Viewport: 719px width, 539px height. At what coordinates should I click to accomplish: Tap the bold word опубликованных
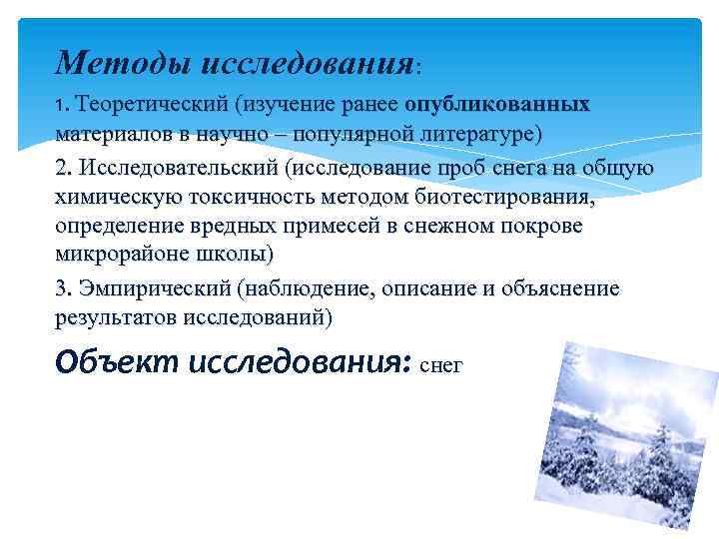(x=496, y=105)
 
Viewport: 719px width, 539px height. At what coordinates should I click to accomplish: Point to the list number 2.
(x=63, y=169)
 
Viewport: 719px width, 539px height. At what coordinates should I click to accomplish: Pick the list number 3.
(x=63, y=288)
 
